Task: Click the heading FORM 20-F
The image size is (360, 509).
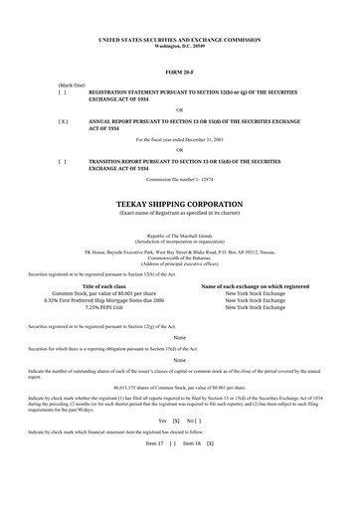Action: point(179,73)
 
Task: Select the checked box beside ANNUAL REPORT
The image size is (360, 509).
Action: point(64,120)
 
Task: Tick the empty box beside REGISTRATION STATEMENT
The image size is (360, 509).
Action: point(64,91)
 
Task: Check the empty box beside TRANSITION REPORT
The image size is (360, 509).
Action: point(64,160)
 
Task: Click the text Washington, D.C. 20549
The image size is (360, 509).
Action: point(179,47)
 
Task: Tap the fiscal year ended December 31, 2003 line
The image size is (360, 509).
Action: point(179,140)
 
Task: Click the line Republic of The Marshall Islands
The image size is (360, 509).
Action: point(179,205)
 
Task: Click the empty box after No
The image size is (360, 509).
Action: point(201,449)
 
